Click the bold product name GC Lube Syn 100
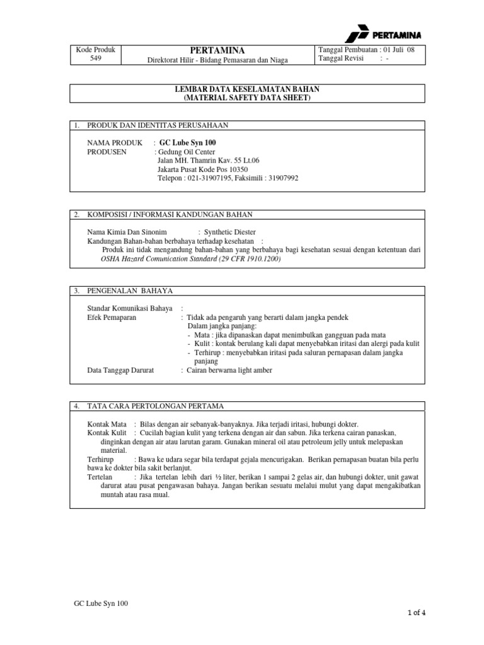tap(188, 143)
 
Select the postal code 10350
tap(234, 169)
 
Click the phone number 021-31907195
tap(209, 178)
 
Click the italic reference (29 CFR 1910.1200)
tap(242, 259)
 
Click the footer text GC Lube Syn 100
tap(101, 603)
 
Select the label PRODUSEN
tap(107, 152)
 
